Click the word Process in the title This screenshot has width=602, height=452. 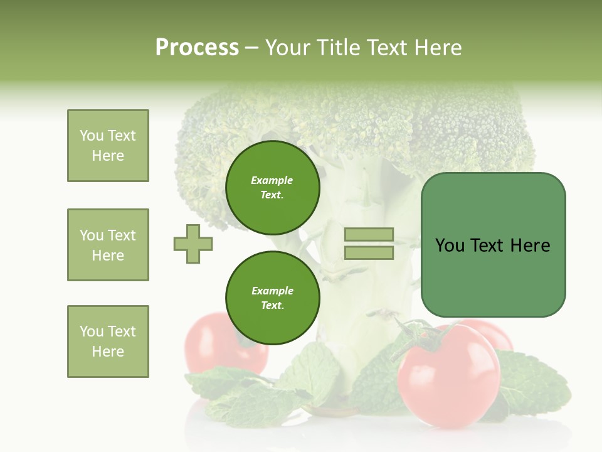coord(197,48)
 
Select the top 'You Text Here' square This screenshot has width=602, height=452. coord(108,146)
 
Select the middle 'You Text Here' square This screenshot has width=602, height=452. coord(108,245)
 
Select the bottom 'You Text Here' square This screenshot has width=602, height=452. coord(108,342)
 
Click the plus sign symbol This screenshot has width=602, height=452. coord(193,244)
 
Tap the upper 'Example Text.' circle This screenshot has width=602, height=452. coord(272,188)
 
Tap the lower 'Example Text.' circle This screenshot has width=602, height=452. coord(272,298)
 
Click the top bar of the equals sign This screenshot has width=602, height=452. coord(369,235)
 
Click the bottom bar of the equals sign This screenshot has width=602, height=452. coord(369,252)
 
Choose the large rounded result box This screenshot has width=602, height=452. coord(493,245)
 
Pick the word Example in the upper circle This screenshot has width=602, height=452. coord(272,180)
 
